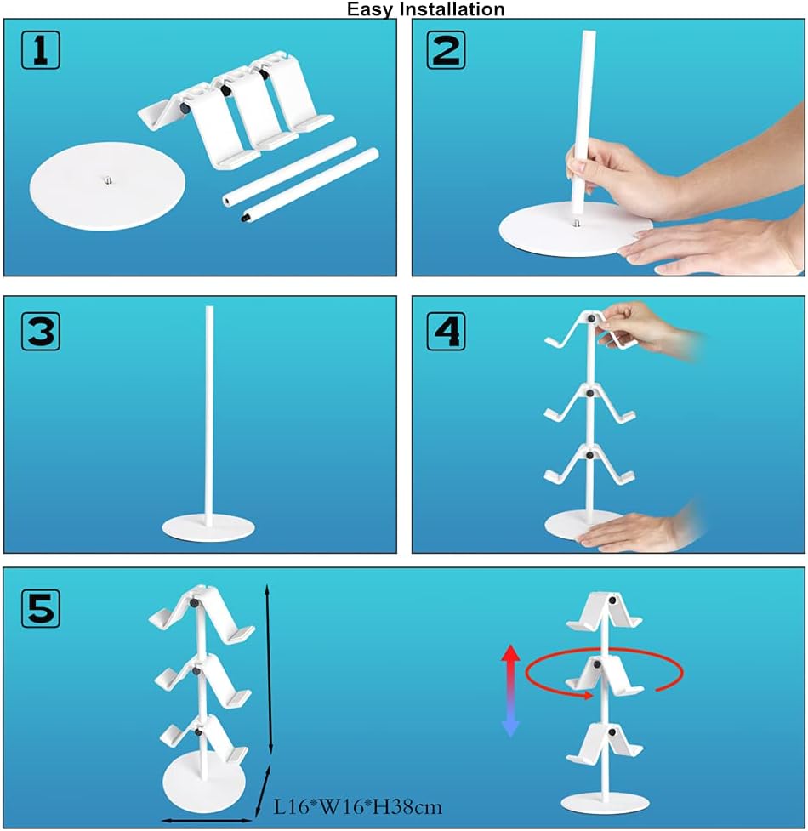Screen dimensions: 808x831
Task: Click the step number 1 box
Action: click(41, 50)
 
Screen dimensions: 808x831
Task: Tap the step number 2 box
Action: click(447, 50)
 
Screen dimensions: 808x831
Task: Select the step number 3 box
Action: click(41, 331)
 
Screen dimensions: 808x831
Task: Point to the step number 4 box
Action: click(447, 331)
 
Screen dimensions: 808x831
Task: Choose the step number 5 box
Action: click(41, 608)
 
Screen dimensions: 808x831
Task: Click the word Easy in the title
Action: click(370, 9)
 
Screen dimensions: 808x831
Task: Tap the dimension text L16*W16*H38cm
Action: click(357, 807)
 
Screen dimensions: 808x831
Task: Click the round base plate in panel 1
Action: click(107, 185)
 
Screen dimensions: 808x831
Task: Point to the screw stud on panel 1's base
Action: click(108, 180)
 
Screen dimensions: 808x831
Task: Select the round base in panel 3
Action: click(208, 527)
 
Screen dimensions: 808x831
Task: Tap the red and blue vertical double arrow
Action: click(510, 691)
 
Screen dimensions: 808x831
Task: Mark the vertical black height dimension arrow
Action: click(269, 669)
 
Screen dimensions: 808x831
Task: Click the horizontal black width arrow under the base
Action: click(207, 821)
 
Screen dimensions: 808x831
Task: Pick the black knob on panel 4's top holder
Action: click(591, 318)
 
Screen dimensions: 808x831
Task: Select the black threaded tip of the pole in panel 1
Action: click(245, 217)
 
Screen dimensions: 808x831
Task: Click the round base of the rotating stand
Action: click(605, 802)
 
